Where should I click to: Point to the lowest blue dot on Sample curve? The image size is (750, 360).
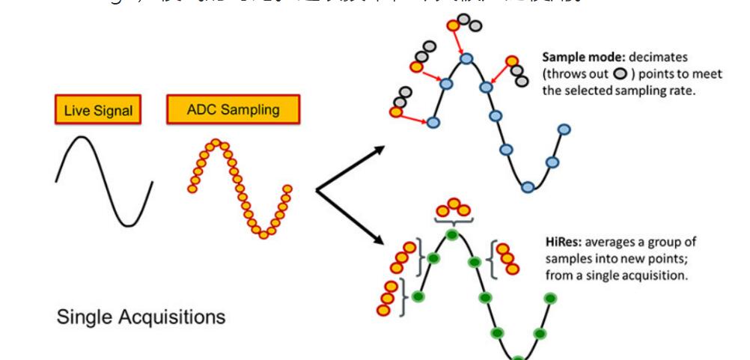(528, 186)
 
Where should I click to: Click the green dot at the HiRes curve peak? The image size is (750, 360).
(451, 235)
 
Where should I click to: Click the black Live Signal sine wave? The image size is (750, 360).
(104, 180)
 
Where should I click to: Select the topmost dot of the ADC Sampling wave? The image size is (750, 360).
(216, 142)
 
